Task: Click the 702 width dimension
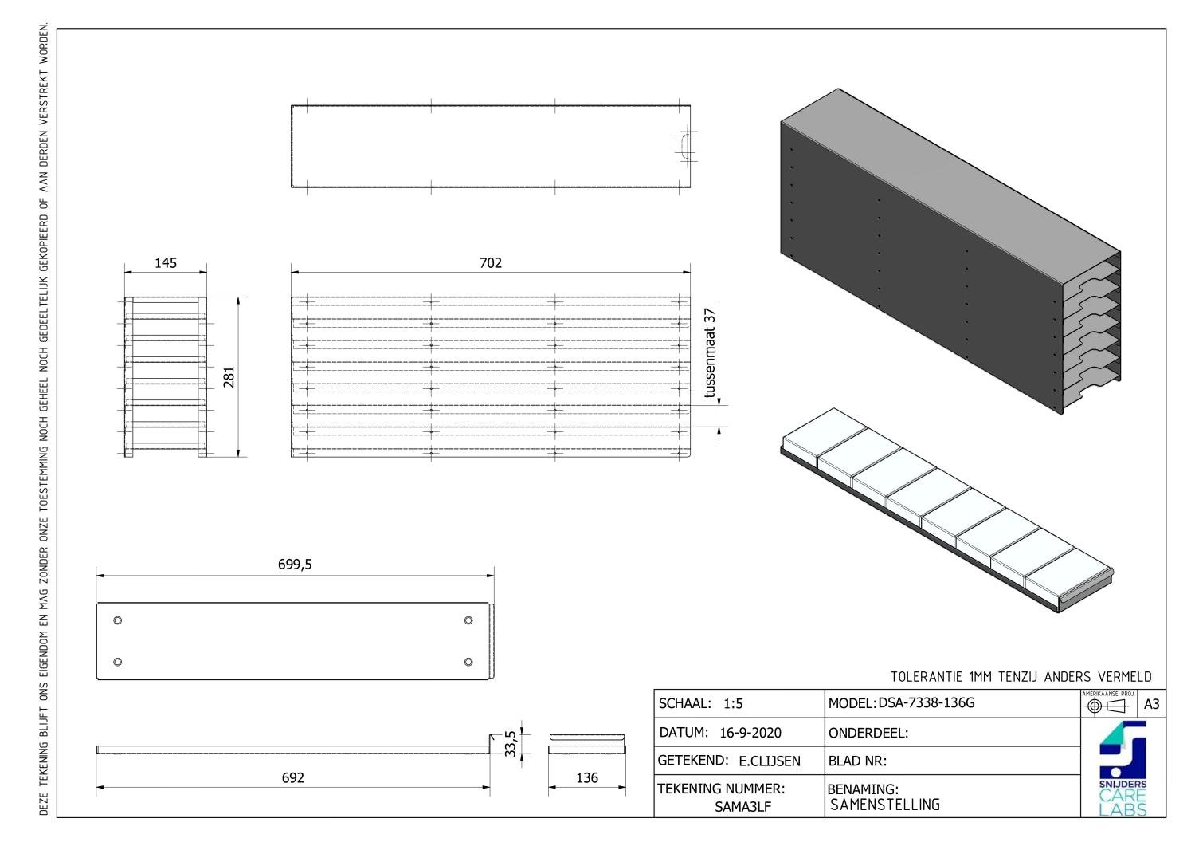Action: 491,263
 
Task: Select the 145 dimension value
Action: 166,263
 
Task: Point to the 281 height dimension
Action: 229,377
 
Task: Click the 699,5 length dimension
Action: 295,565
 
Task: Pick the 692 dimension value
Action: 293,777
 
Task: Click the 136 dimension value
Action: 587,777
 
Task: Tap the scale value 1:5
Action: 733,704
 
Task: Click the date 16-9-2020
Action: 750,733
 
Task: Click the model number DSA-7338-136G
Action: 927,703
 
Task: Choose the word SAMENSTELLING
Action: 884,805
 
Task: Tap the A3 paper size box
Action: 1152,705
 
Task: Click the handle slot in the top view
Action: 685,147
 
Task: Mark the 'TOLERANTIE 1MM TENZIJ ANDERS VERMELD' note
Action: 1021,677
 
